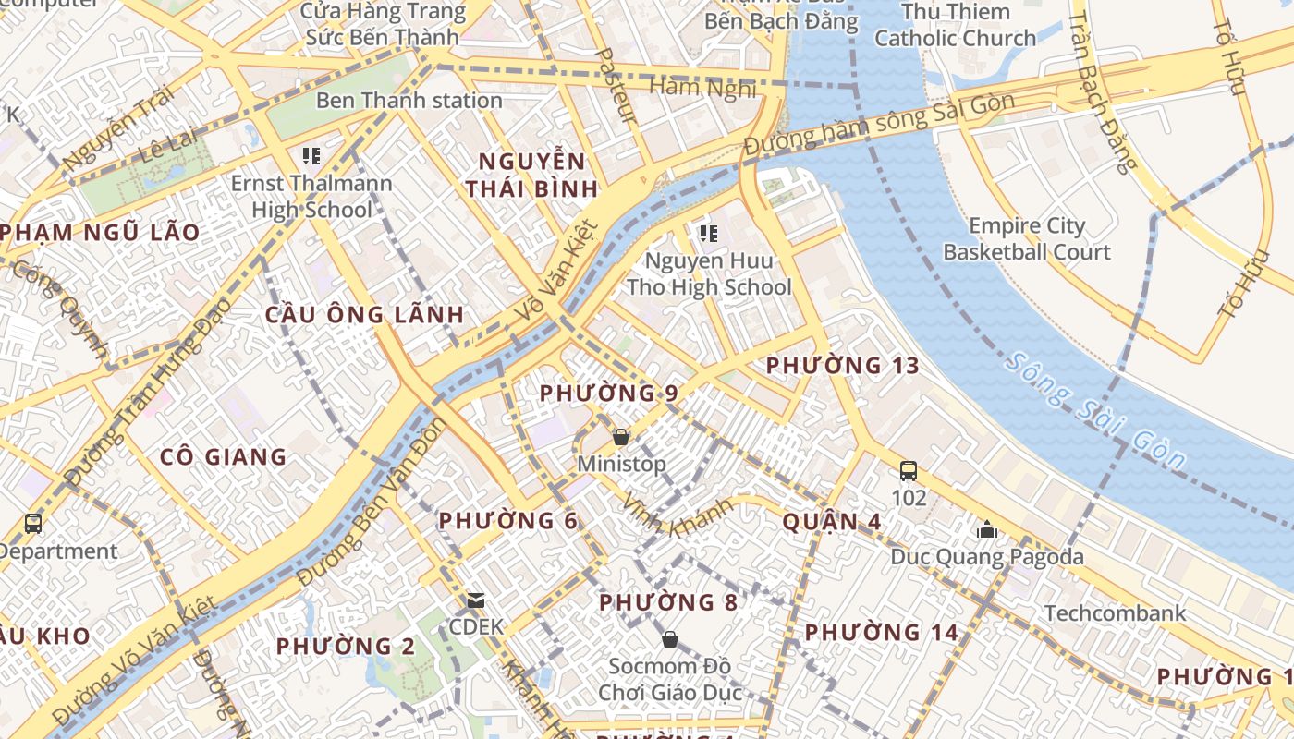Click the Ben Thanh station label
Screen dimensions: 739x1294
point(409,101)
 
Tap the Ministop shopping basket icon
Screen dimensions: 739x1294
point(621,436)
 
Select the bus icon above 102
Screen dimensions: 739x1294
point(909,471)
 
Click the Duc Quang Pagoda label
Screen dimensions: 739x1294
point(986,557)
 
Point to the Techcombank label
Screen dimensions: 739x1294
point(1115,613)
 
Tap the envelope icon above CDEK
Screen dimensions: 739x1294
point(476,600)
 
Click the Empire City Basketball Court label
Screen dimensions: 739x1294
point(1027,238)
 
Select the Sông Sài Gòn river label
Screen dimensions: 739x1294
point(1095,412)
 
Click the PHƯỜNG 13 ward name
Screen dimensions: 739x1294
point(843,366)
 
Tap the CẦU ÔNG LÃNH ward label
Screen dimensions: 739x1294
point(364,314)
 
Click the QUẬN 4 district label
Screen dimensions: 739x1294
point(831,522)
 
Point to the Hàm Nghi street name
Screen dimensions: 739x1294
point(702,88)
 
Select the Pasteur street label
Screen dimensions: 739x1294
point(617,86)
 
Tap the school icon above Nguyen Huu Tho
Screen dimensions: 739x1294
point(709,234)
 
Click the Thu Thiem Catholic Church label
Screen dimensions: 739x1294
point(955,25)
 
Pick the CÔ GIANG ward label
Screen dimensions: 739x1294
point(223,456)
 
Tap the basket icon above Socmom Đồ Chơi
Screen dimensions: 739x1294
point(670,639)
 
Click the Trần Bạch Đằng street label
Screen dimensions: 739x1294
point(1101,92)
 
